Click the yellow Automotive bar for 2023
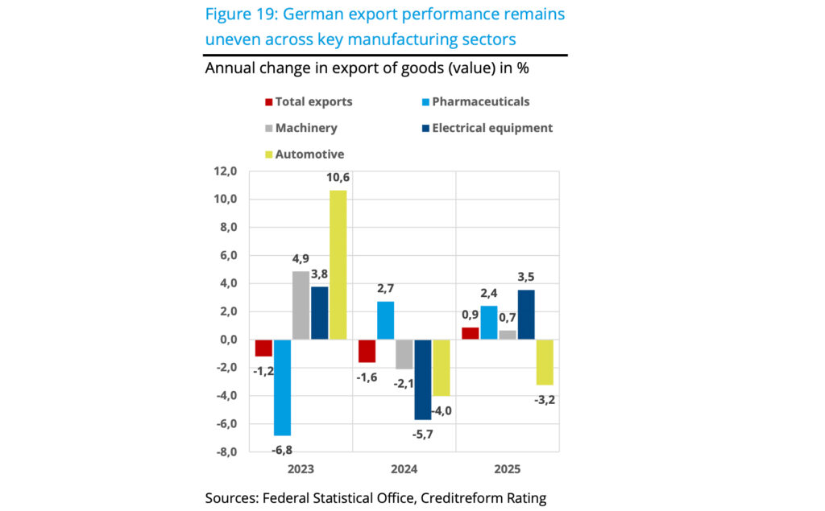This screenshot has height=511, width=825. coord(338,265)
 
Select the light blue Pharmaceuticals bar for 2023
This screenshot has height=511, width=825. coord(282,387)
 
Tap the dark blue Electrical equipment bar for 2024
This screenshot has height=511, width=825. coord(423,379)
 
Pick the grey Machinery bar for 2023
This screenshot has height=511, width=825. coord(301,305)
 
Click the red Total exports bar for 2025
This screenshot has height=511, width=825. coord(471,333)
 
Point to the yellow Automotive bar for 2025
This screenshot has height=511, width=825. coord(545,362)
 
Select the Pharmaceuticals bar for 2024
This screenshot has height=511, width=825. coord(386,320)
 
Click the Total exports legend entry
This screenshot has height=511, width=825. coord(309,102)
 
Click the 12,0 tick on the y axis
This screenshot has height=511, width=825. coord(225,171)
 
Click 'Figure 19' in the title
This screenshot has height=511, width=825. coord(239,14)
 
